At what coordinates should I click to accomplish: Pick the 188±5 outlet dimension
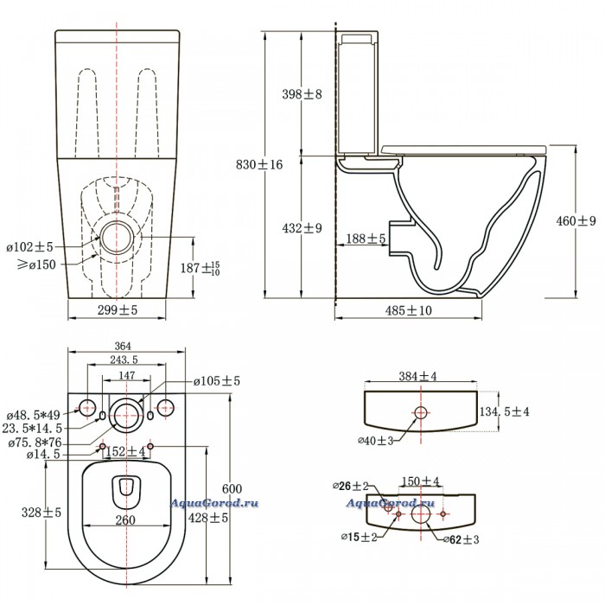pyautogui.click(x=366, y=239)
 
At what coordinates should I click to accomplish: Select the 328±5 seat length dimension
pyautogui.click(x=42, y=513)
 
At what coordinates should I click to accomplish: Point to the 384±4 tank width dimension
pyautogui.click(x=419, y=377)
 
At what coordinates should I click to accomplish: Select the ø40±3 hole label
pyautogui.click(x=378, y=440)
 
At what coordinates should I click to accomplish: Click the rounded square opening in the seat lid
pyautogui.click(x=126, y=492)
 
